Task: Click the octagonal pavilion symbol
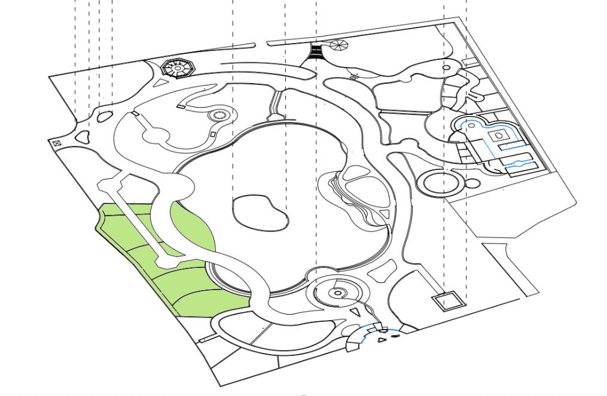pyautogui.click(x=179, y=68)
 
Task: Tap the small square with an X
pyautogui.click(x=57, y=144)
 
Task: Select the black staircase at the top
pyautogui.click(x=316, y=52)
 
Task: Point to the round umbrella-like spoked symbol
pyautogui.click(x=338, y=45)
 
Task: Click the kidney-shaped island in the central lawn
pyautogui.click(x=260, y=213)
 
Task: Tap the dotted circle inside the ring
pyautogui.click(x=218, y=115)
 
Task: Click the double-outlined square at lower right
pyautogui.click(x=449, y=300)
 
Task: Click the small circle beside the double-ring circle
pyautogui.click(x=472, y=183)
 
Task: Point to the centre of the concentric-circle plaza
pyautogui.click(x=338, y=293)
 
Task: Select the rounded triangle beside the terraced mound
pyautogui.click(x=385, y=214)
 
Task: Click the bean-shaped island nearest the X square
pyautogui.click(x=82, y=137)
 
